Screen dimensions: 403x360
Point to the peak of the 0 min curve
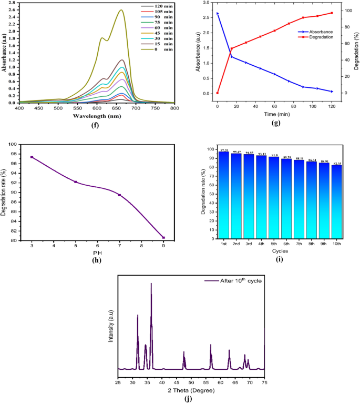tap(121, 10)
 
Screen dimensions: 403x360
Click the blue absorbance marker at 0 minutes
tap(217, 13)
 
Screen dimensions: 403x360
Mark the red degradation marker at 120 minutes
tap(332, 13)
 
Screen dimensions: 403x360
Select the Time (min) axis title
tap(274, 114)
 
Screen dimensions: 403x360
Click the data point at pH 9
tap(163, 237)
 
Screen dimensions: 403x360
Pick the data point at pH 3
tap(32, 157)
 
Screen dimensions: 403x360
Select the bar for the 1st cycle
tap(224, 195)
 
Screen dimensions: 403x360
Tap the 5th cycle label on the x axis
tap(274, 245)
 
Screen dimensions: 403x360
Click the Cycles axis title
tap(280, 252)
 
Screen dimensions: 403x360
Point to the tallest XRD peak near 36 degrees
tap(151, 284)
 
